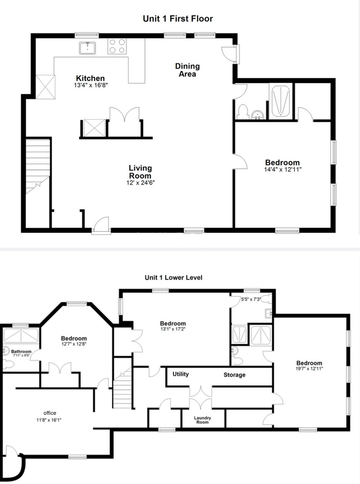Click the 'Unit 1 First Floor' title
tap(178, 19)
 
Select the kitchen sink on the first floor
tap(87, 48)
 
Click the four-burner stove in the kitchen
tap(117, 47)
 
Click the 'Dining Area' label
tap(187, 70)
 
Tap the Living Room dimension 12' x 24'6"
tap(140, 183)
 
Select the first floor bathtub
tap(280, 102)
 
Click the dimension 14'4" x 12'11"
tap(283, 169)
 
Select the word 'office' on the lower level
tap(50, 413)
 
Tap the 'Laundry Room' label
tap(202, 420)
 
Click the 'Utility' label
tap(180, 374)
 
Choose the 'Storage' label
tap(234, 375)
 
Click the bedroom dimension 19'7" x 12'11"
tap(309, 369)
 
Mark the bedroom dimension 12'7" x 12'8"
tap(74, 344)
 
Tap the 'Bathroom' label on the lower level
tap(21, 351)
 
